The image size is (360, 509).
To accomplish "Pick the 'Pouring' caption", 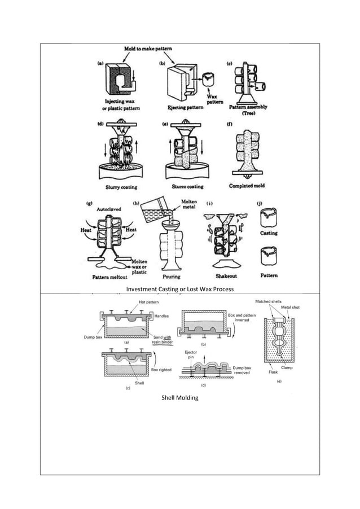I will point(171,277).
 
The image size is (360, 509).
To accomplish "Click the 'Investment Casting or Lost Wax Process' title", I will point(179,289).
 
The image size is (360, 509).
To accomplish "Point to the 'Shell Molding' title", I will point(179,398).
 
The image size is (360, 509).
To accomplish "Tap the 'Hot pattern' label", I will point(149,304).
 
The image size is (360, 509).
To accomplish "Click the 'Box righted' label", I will point(161,370).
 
